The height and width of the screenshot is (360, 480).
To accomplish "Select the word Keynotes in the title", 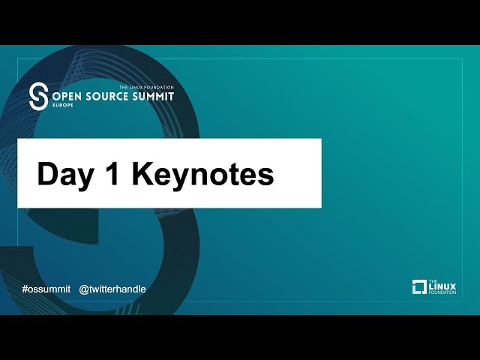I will click(x=203, y=174).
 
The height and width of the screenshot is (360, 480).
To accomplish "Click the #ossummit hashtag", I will click(x=46, y=289).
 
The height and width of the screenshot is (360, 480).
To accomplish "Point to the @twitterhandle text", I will click(x=112, y=289).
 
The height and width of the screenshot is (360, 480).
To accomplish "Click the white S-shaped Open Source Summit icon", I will click(x=37, y=97).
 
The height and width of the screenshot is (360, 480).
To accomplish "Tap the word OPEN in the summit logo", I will click(x=67, y=97).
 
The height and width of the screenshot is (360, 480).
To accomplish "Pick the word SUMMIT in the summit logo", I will click(x=154, y=97).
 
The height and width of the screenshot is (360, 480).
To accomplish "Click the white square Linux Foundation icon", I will click(x=420, y=286).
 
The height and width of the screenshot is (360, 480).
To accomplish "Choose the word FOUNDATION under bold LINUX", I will click(x=442, y=293).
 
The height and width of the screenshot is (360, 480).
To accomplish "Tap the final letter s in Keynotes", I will click(x=266, y=175).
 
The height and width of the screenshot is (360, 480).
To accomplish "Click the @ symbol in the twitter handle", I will click(x=84, y=289).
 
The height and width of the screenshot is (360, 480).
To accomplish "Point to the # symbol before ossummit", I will click(x=25, y=289).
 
